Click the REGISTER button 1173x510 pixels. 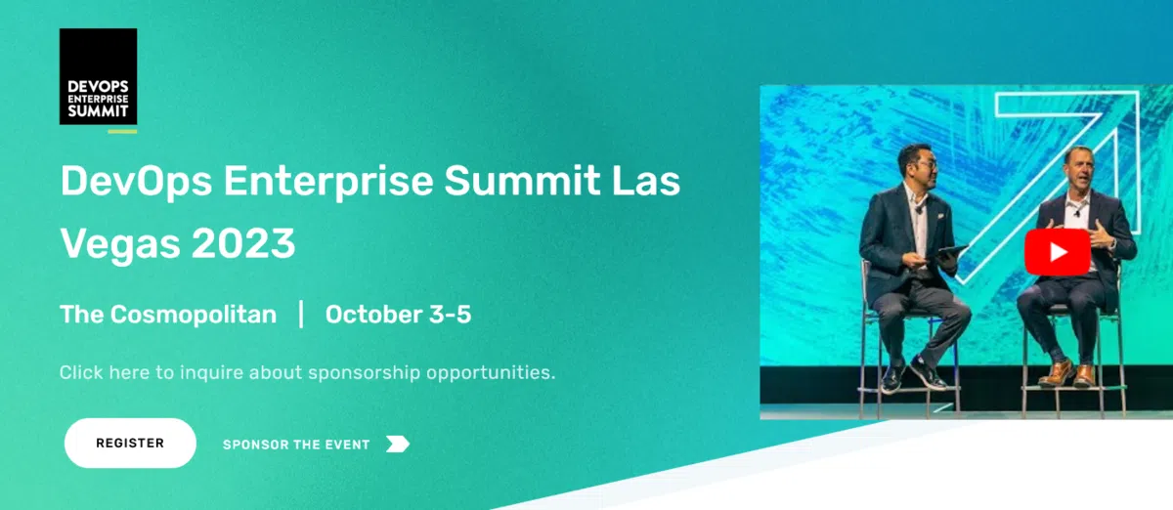tap(130, 443)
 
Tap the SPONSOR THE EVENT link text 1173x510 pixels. tap(296, 445)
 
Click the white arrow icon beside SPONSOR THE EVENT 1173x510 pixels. tap(398, 444)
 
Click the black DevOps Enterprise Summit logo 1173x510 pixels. tap(99, 76)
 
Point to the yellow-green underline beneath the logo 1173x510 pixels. tap(122, 132)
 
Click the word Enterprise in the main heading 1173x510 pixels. tap(328, 181)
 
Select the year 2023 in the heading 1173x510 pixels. tap(243, 243)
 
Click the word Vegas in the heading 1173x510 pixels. tap(120, 245)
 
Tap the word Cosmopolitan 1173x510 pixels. tap(194, 315)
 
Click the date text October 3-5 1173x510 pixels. tap(399, 315)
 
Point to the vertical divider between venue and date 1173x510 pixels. tap(301, 315)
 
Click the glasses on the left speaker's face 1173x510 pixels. tap(927, 165)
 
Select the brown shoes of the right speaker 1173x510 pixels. tap(1068, 373)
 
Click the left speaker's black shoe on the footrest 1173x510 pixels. tap(928, 372)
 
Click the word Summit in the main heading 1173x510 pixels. tap(523, 181)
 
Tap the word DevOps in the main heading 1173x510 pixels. tap(137, 181)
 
